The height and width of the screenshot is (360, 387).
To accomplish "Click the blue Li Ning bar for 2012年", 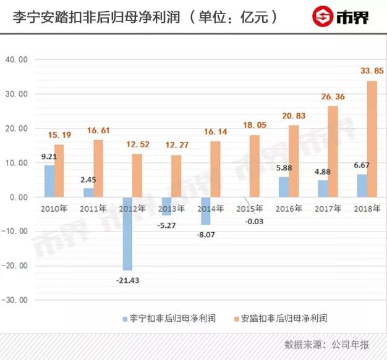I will tap(127, 233).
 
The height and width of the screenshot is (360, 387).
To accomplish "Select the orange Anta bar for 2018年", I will tap(372, 139).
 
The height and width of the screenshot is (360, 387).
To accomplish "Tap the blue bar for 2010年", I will tap(49, 181).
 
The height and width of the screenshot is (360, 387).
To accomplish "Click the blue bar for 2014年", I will tap(205, 211).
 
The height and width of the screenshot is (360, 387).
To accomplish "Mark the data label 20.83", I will tap(295, 116).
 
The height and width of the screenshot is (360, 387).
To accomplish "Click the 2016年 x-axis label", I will tap(289, 209).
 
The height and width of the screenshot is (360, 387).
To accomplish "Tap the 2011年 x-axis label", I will tap(93, 209).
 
